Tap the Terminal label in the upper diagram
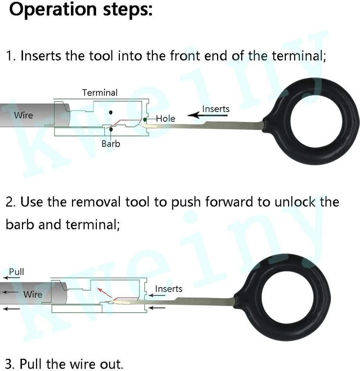[100, 92]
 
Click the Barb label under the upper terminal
[111, 144]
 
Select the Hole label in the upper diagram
[166, 119]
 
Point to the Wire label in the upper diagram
[23, 115]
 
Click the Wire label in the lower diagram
[33, 295]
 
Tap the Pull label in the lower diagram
[16, 272]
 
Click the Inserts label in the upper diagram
[216, 109]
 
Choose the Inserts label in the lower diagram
[168, 289]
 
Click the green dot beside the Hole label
[145, 119]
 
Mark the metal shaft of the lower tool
[186, 302]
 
